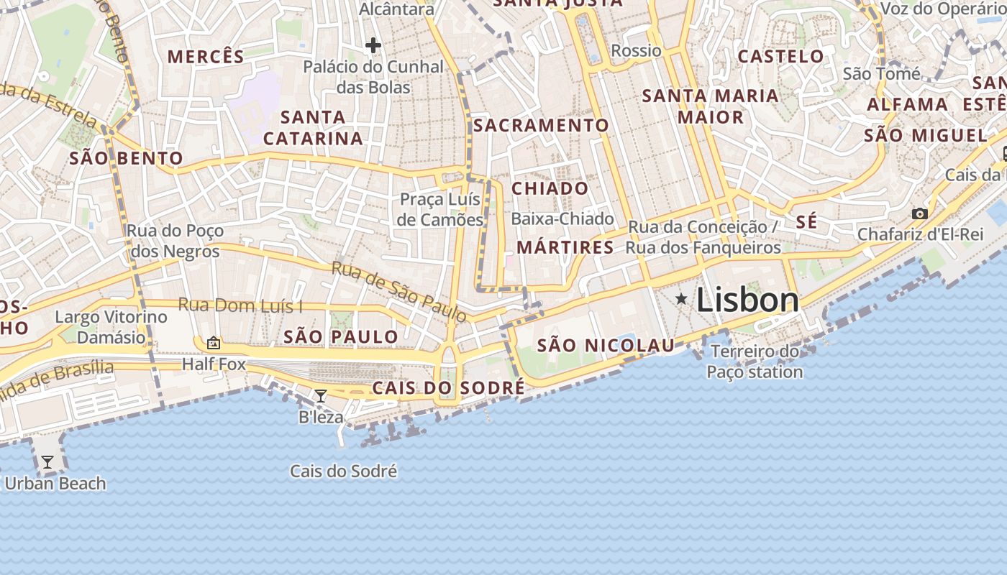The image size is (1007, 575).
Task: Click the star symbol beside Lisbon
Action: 680,298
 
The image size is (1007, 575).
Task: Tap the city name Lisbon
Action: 747,300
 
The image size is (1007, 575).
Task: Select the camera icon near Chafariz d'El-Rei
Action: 919,213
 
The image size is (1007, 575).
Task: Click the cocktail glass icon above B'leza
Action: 321,395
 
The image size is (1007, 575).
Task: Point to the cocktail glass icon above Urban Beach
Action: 47,461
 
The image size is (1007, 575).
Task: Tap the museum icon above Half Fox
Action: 213,343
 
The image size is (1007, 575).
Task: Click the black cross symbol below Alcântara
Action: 373,46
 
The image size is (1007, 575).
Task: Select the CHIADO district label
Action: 550,189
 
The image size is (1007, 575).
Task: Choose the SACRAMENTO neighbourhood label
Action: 541,126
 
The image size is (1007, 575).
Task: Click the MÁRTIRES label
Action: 565,248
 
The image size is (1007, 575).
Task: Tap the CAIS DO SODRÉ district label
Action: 448,388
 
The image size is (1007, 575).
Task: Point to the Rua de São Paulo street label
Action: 399,291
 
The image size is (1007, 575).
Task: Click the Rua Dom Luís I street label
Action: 240,305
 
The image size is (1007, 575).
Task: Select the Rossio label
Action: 636,50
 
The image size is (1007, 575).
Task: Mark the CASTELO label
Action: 781,56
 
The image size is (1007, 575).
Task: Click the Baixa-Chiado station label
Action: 562,218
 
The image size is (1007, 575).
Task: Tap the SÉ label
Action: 806,222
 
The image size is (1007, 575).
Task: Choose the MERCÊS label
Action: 206,56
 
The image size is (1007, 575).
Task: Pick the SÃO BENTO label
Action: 126,158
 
